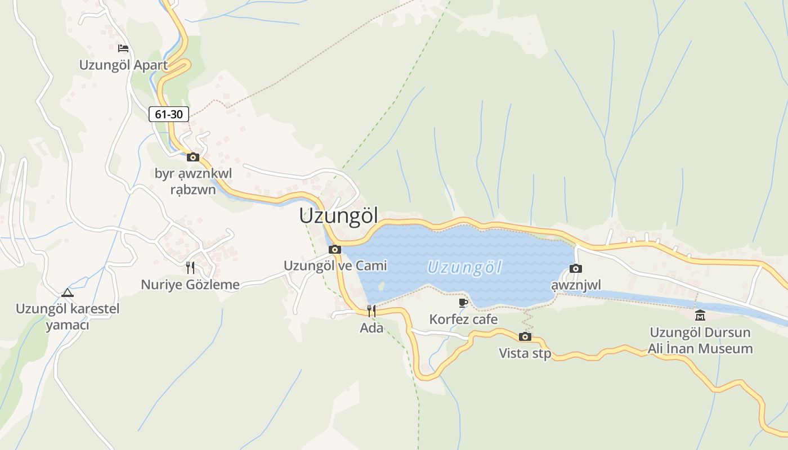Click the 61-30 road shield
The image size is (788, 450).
point(169,114)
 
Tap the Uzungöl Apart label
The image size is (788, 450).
point(123,65)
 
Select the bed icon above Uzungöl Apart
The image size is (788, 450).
point(123,48)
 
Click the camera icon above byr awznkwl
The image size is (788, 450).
point(193,157)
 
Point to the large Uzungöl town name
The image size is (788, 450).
point(339,217)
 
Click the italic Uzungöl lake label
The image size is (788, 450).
point(464,267)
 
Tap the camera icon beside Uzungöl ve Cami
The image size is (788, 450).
point(335,249)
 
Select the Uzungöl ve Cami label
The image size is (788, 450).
point(335,265)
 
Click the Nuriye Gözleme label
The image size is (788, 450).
point(190,285)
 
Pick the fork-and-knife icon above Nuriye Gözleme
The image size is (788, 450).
point(190,267)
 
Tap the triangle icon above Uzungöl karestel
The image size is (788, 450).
point(68,292)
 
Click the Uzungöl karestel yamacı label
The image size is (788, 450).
point(68,317)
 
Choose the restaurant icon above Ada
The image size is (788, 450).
point(371,310)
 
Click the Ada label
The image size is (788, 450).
point(371,328)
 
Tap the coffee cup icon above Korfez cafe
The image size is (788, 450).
point(463,303)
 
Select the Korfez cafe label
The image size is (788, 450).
point(463,319)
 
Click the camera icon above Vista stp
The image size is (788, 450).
point(525,336)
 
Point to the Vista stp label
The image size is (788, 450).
point(525,353)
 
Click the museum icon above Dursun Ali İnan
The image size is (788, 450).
point(700,315)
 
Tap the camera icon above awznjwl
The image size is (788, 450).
point(576,268)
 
